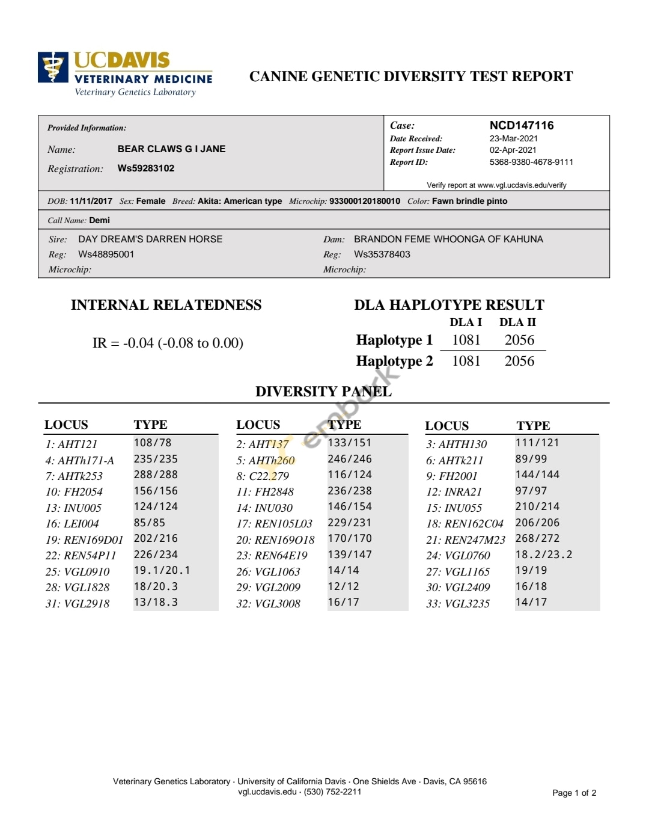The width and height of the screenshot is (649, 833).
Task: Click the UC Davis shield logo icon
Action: point(53,67)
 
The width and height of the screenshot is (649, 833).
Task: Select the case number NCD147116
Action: point(521,125)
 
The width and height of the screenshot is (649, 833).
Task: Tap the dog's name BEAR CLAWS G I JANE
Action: point(171,149)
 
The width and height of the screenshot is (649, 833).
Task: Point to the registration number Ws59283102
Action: point(146,168)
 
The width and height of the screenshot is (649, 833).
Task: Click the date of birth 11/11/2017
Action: point(91,201)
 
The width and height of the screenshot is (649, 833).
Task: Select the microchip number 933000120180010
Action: point(364,201)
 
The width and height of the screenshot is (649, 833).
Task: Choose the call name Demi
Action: point(99,220)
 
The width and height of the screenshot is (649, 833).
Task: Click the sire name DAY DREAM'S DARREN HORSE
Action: point(150,239)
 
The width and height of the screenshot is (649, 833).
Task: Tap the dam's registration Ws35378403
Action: point(382,254)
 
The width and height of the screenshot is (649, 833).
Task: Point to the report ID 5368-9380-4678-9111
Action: point(531,162)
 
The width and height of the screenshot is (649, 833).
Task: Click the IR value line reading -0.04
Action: point(168,343)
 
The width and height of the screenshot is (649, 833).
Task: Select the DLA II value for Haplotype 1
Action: point(519,340)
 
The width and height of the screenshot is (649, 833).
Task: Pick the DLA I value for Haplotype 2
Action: point(466,361)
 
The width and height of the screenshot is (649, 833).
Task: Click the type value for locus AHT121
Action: point(153,443)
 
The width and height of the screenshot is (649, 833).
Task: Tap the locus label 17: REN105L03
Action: point(275,523)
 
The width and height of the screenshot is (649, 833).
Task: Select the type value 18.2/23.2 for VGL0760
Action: point(543,555)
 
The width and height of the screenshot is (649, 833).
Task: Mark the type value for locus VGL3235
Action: point(531,602)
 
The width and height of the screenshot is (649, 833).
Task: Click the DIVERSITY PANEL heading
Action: point(323,392)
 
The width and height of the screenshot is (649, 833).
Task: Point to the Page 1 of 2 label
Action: point(574,793)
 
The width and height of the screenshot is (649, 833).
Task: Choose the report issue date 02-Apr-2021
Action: point(513,150)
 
